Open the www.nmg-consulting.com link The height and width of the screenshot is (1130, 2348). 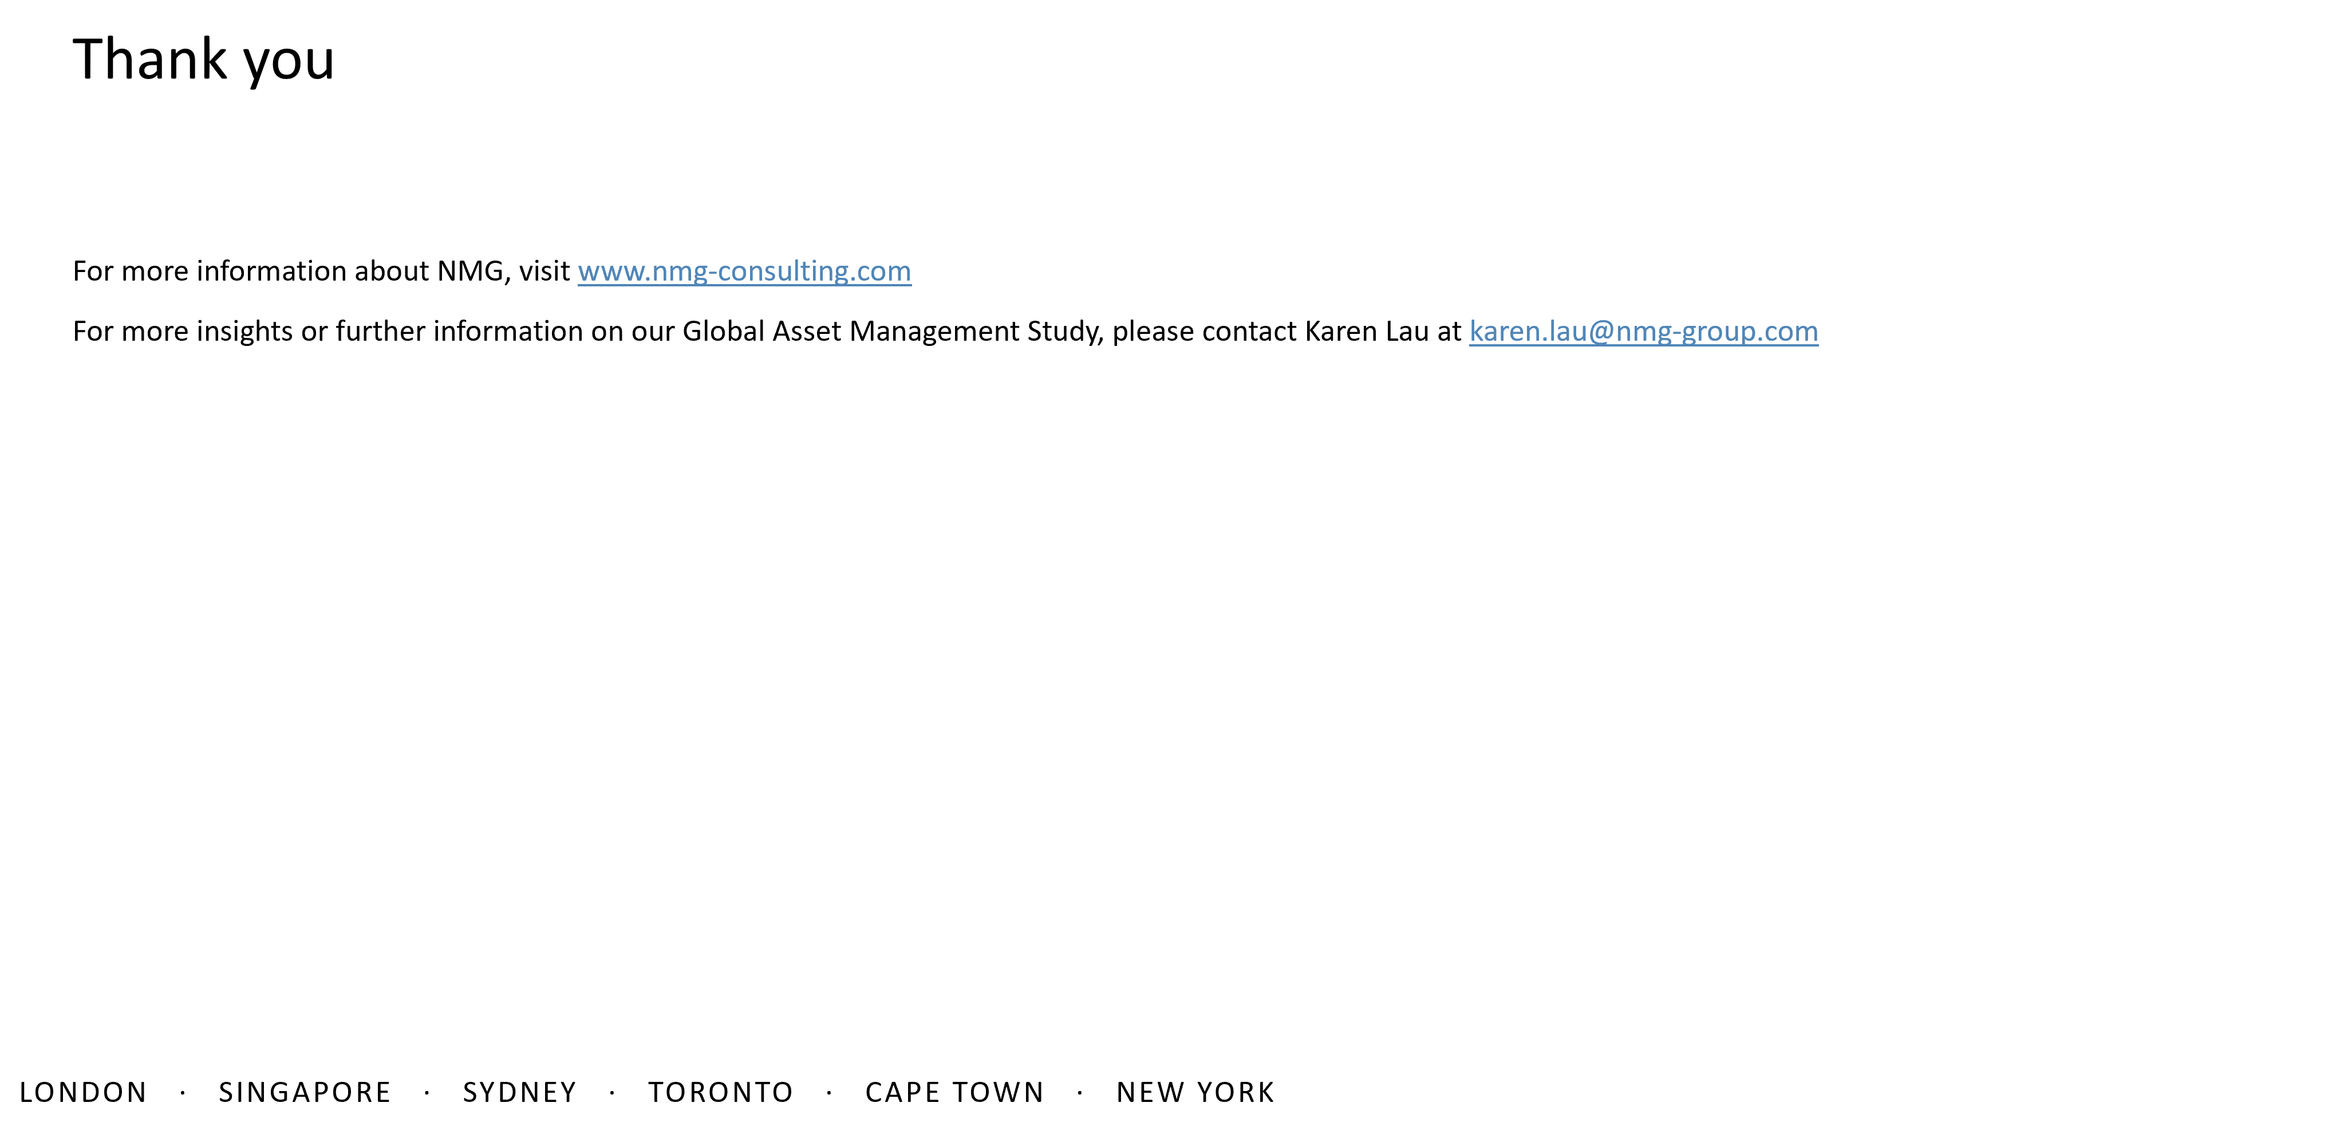tap(745, 272)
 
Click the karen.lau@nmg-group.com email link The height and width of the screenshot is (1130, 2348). tap(1643, 332)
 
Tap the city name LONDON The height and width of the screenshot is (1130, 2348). tap(83, 1093)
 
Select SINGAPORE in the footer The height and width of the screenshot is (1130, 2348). tap(305, 1093)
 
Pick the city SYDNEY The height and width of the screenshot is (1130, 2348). tap(519, 1093)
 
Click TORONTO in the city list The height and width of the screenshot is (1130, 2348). tap(721, 1093)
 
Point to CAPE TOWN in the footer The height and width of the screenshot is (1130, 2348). tap(954, 1093)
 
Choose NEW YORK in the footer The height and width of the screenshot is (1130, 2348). tap(1195, 1093)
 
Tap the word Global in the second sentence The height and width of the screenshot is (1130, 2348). tap(724, 331)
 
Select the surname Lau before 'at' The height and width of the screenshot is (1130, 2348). tap(1407, 331)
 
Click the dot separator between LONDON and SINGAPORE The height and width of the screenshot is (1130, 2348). tap(183, 1093)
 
